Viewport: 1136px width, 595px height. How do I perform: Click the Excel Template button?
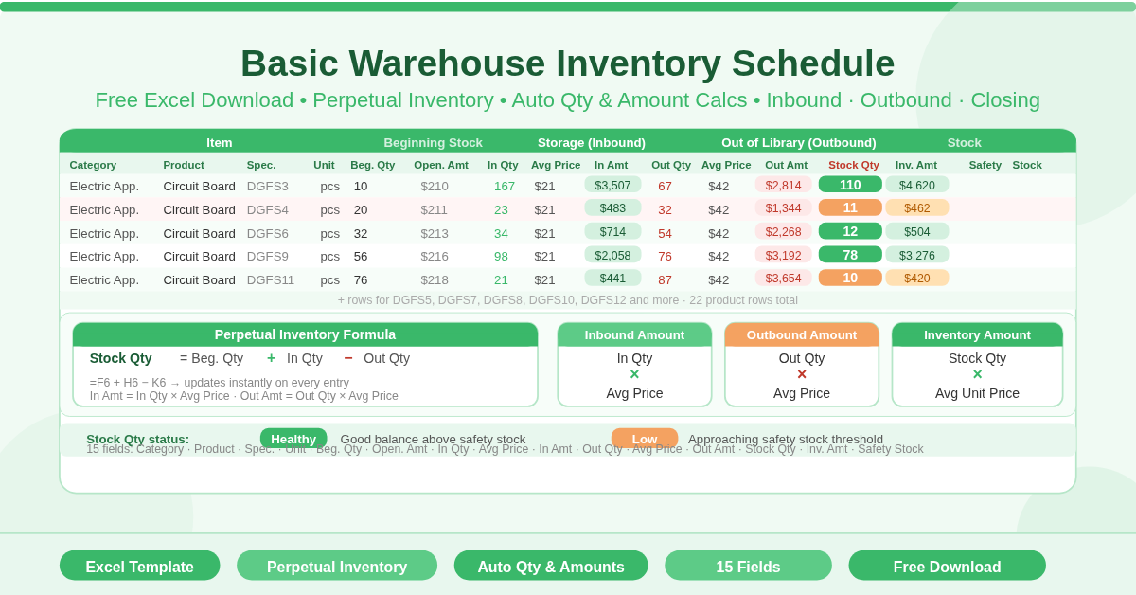139,566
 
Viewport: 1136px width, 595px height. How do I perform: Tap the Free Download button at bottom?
947,566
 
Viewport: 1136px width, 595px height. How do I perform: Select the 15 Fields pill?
748,566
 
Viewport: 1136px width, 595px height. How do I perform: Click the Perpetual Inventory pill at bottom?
337,566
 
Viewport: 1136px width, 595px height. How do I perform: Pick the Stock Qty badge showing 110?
850,185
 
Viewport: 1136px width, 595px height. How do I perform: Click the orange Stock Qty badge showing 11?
850,207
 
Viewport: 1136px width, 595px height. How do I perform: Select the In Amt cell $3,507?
612,185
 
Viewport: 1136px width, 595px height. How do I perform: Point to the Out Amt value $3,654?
783,279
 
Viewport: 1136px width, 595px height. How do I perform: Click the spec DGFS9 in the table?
268,256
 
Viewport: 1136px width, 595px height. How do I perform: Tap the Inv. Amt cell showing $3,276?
916,255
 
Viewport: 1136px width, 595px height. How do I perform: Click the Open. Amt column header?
440,165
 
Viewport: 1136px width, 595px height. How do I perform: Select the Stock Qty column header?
853,165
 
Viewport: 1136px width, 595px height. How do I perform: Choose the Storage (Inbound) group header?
592,143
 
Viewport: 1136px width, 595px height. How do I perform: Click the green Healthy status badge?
293,439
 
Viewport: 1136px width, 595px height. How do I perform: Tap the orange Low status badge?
645,439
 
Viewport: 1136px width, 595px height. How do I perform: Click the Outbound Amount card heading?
802,334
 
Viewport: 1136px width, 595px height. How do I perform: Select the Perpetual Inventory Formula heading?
305,334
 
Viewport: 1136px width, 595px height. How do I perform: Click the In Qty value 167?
505,186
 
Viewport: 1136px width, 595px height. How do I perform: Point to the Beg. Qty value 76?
361,279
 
